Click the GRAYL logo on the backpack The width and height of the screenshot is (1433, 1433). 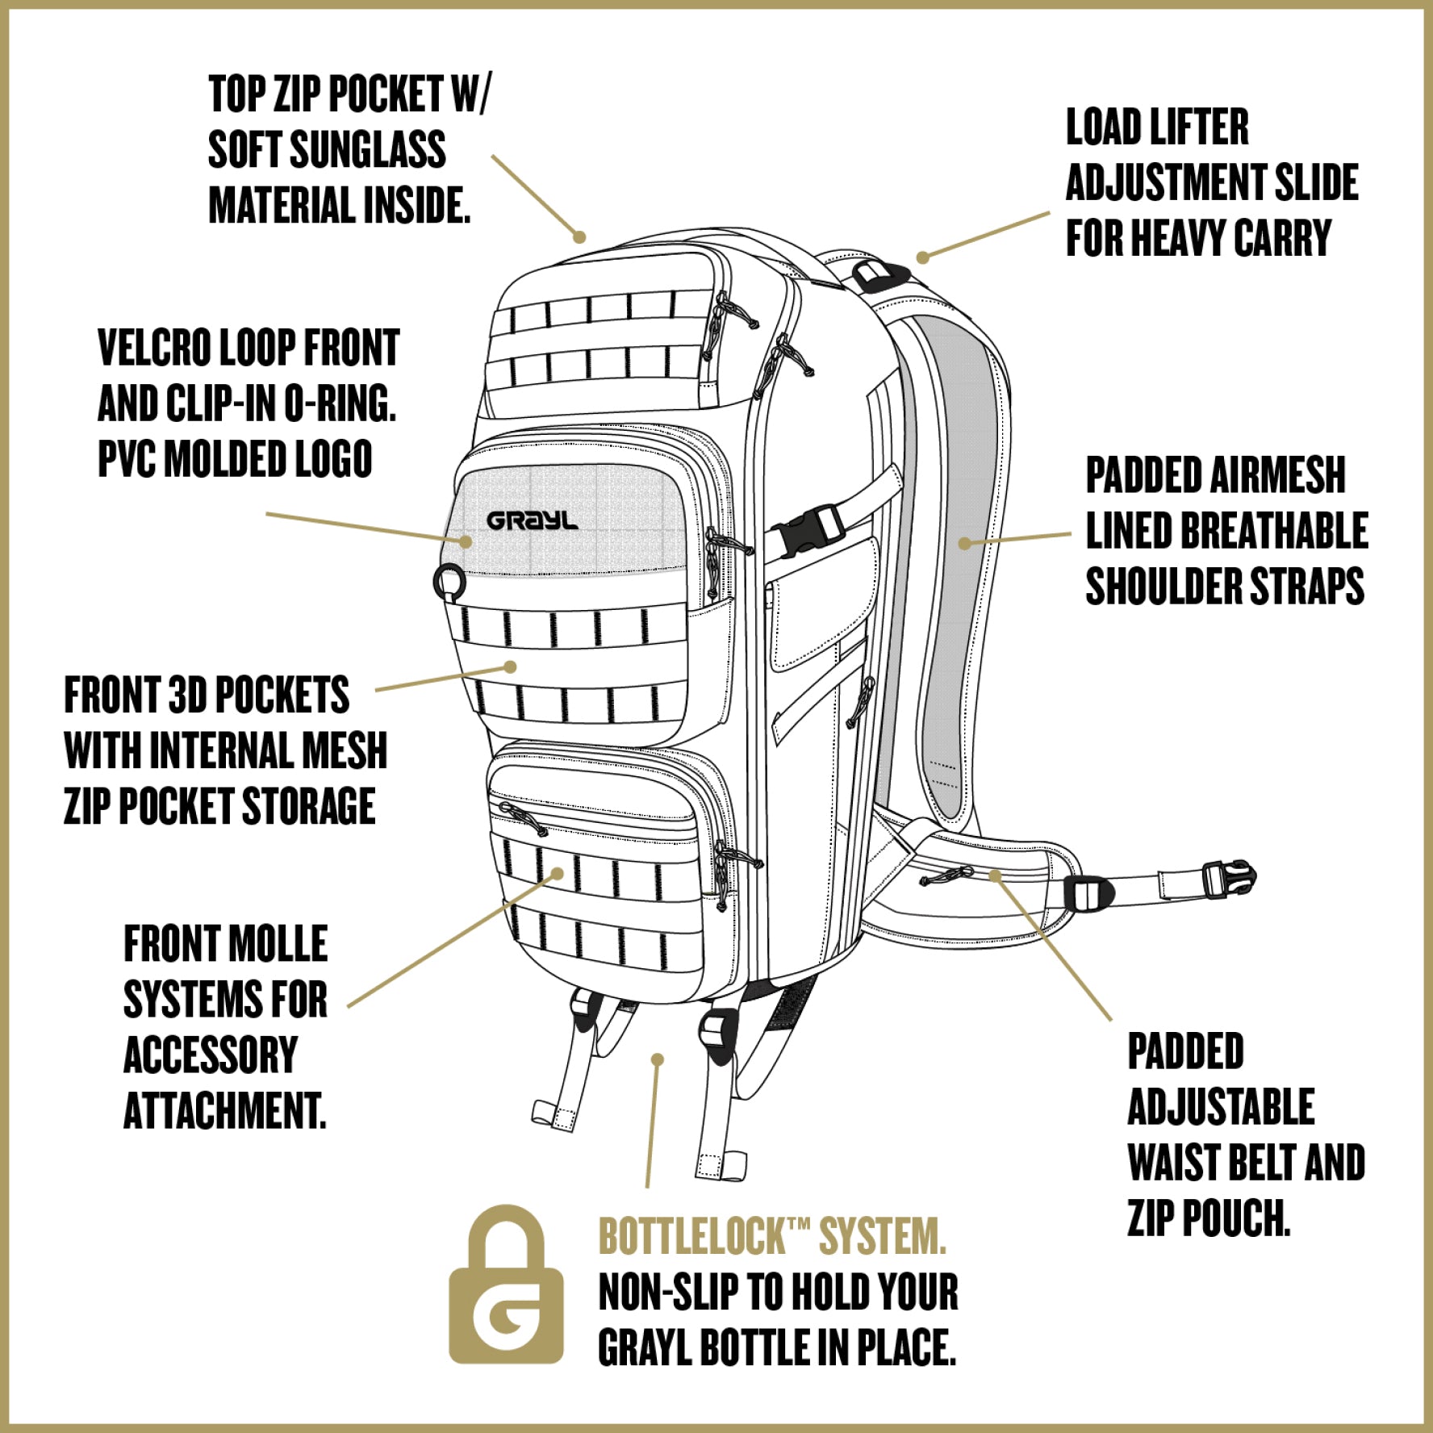point(532,521)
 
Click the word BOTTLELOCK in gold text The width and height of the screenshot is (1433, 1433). point(691,1236)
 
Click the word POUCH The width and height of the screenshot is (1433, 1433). point(1236,1218)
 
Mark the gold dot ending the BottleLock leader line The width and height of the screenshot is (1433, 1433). point(658,1059)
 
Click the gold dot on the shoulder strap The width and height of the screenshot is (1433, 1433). point(964,543)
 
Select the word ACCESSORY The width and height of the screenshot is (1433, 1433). point(211,1055)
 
